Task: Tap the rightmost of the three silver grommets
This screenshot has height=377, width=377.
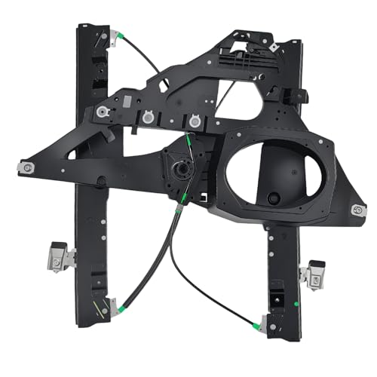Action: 195,120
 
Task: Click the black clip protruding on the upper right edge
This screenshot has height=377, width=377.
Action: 299,96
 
